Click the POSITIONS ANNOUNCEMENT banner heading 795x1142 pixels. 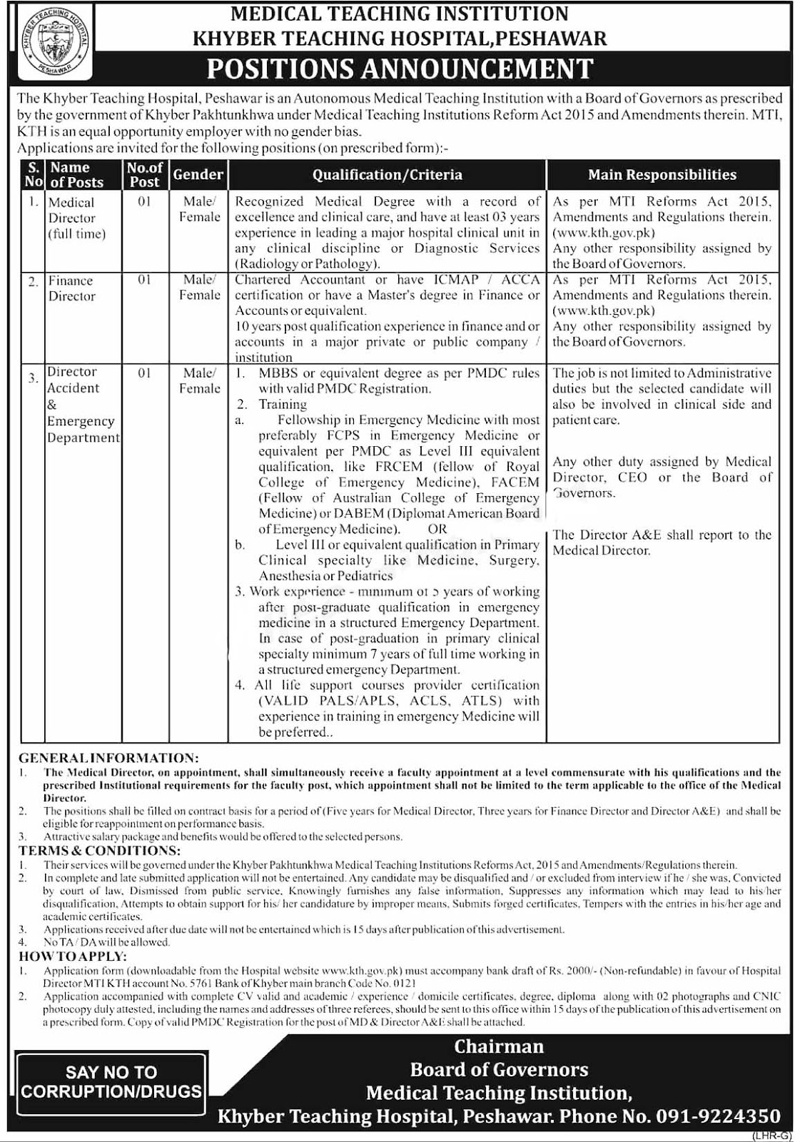[400, 69]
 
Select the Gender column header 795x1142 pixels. [198, 174]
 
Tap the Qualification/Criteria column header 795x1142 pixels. [388, 175]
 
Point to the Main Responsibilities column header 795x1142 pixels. [662, 175]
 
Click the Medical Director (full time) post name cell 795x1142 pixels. [76, 218]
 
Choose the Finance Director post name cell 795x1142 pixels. [71, 288]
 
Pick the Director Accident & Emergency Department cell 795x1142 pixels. [83, 405]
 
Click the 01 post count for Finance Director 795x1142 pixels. [144, 280]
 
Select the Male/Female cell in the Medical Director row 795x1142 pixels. [199, 209]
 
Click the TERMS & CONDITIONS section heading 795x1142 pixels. [99, 850]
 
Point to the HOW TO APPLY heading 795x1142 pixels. [73, 956]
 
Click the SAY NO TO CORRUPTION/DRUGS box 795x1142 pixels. [111, 1081]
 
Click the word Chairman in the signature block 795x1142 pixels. [499, 1046]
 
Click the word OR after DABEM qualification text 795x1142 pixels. [437, 529]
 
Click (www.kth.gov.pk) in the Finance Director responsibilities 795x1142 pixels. [604, 311]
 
